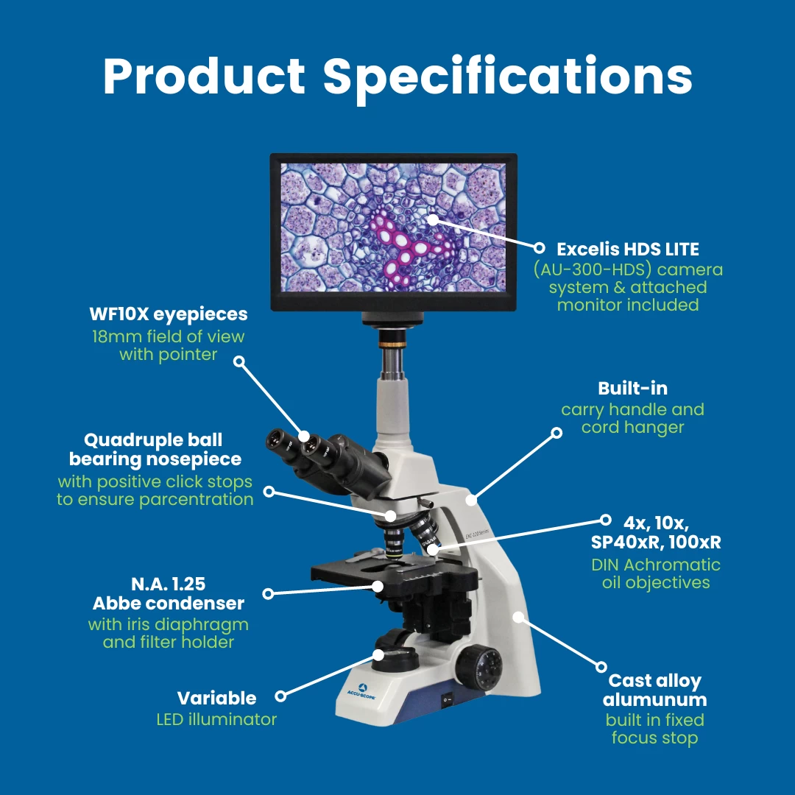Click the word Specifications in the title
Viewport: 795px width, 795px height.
coord(507,77)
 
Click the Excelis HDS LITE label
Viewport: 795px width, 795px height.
coord(628,249)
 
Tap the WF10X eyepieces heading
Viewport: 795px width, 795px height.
coord(169,314)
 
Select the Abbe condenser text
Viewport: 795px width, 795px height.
coord(169,604)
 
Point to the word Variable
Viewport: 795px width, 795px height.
coord(216,698)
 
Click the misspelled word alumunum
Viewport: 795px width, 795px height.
coord(654,700)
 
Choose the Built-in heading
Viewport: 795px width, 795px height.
coord(633,389)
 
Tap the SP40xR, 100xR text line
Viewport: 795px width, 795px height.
coord(656,543)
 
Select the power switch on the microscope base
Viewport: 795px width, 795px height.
coord(447,700)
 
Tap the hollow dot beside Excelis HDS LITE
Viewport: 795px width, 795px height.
coord(540,248)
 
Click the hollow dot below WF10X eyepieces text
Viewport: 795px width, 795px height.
coord(239,361)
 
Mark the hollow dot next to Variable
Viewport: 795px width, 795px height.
coord(280,696)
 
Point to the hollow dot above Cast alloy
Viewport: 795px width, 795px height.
coord(601,667)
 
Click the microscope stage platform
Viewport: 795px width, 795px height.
coord(395,572)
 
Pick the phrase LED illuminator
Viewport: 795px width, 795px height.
coord(216,719)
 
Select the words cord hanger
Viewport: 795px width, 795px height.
coord(633,428)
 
